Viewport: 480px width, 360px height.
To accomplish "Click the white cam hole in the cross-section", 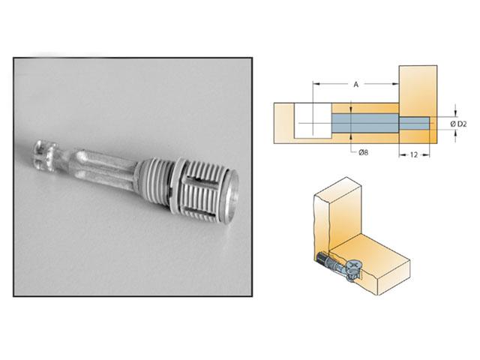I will point(312,121).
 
